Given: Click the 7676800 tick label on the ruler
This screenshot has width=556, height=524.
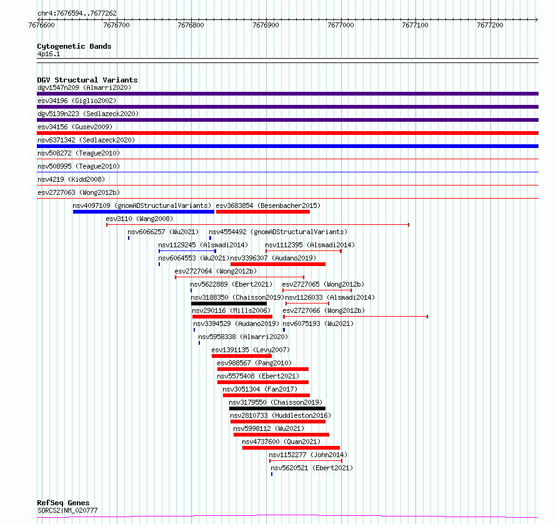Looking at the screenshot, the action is pyautogui.click(x=191, y=25).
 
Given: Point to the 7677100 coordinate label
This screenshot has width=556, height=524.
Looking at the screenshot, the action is pyautogui.click(x=415, y=25).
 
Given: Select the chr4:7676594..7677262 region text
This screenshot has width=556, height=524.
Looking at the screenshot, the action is pyautogui.click(x=77, y=14).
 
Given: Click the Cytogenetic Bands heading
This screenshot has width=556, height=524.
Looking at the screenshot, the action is pyautogui.click(x=74, y=46).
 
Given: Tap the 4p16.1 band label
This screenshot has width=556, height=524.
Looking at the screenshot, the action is pyautogui.click(x=49, y=54).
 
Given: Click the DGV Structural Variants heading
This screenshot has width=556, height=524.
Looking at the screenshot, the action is pyautogui.click(x=87, y=80).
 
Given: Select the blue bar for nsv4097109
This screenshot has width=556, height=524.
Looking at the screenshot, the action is pyautogui.click(x=144, y=212).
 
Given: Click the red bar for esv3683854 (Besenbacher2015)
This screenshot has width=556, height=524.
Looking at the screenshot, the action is pyautogui.click(x=263, y=212).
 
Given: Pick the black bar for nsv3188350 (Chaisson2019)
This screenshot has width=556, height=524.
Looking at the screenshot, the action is pyautogui.click(x=229, y=304).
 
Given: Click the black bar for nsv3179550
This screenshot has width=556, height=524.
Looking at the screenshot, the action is pyautogui.click(x=277, y=408).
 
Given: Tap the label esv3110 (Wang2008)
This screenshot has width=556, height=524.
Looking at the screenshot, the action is pyautogui.click(x=139, y=219).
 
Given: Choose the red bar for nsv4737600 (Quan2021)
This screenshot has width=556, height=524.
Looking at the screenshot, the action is pyautogui.click(x=291, y=448).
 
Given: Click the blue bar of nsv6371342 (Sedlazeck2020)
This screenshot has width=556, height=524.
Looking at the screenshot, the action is pyautogui.click(x=287, y=146).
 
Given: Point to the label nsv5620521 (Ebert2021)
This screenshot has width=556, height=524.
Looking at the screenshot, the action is pyautogui.click(x=312, y=468).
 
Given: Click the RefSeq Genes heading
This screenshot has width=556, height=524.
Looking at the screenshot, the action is pyautogui.click(x=63, y=503).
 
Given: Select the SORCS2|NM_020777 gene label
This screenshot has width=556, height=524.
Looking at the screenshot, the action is pyautogui.click(x=67, y=510).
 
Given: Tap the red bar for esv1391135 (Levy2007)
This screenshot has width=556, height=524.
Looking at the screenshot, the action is pyautogui.click(x=242, y=356).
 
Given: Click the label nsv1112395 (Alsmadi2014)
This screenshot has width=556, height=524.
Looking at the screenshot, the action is pyautogui.click(x=310, y=245).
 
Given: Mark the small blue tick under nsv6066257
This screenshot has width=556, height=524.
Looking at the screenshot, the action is pyautogui.click(x=129, y=238).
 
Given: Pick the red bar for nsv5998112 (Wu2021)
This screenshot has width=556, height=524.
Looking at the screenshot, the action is pyautogui.click(x=282, y=435).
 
